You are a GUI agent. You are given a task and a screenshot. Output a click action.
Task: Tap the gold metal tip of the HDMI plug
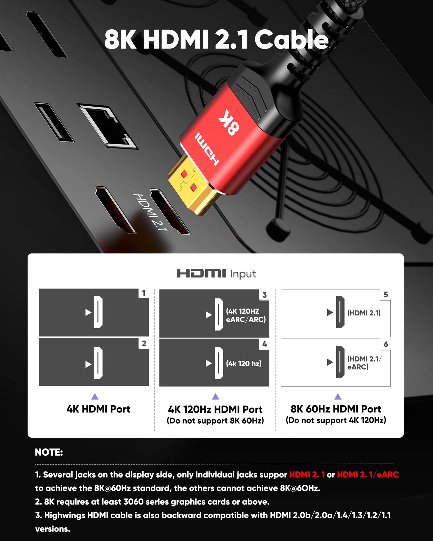pos(192,187)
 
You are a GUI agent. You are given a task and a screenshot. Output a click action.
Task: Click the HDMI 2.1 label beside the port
pos(150,212)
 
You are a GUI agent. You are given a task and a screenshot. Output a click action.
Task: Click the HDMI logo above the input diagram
pos(201,273)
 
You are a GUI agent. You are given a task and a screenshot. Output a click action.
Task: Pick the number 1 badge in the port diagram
pos(144,293)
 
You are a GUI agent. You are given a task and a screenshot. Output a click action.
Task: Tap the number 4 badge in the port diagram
pos(265,344)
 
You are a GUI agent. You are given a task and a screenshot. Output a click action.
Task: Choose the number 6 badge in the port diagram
pos(386,344)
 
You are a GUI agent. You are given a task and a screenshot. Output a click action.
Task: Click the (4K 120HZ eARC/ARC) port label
pos(246,315)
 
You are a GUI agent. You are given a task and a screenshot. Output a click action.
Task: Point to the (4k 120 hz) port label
pos(244,363)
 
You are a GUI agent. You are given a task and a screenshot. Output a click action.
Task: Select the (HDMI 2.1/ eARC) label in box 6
pos(364,363)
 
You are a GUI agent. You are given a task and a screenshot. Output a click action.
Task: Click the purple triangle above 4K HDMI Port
pos(95,397)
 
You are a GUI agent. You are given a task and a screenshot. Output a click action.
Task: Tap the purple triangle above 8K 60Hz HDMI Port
pos(338,397)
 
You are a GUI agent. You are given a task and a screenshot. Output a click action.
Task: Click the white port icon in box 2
pos(98,363)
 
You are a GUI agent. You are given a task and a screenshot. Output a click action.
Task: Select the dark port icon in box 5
pos(340,312)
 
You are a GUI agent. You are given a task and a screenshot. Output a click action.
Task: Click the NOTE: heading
pos(49,452)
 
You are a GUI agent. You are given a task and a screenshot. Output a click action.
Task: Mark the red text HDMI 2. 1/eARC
pos(368,474)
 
